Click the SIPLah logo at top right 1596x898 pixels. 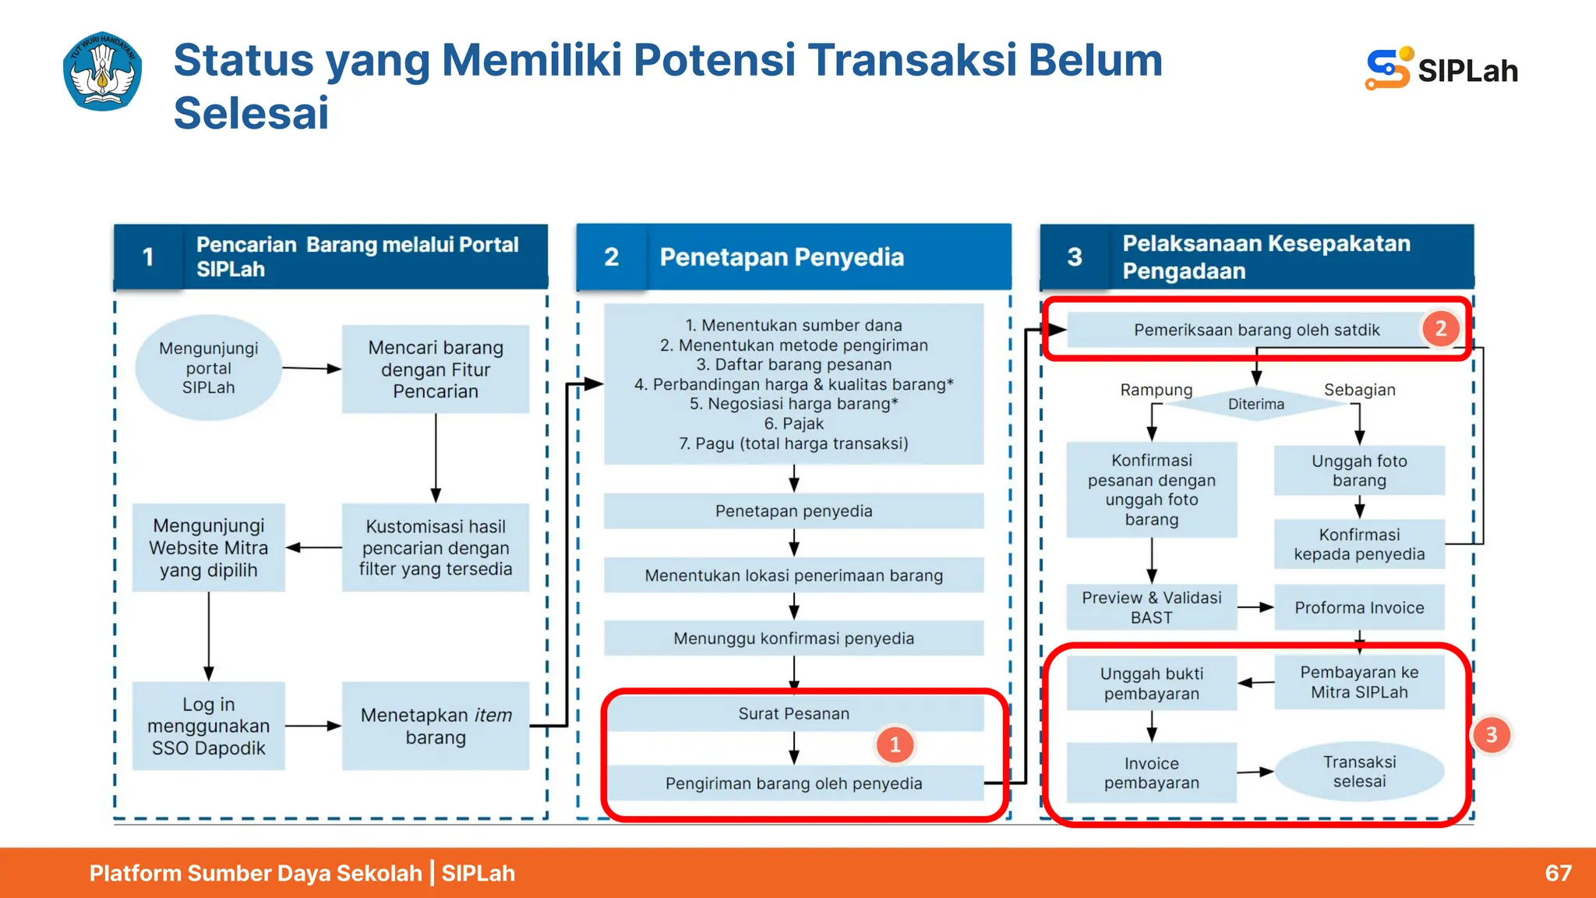click(1441, 70)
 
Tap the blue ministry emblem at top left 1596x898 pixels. click(102, 71)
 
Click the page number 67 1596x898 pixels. click(1558, 872)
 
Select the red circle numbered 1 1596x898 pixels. click(895, 744)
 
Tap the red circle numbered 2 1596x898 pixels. click(1440, 328)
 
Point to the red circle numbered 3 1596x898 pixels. click(1491, 734)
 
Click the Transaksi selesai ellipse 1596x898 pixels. click(1359, 771)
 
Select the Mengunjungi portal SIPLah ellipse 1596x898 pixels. click(208, 368)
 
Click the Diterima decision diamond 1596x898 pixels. click(1255, 404)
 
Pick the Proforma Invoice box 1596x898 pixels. click(1359, 607)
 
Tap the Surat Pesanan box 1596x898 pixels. click(793, 713)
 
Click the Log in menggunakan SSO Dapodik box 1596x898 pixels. click(208, 726)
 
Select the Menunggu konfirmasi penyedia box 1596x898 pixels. click(793, 638)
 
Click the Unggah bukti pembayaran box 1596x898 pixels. click(1151, 683)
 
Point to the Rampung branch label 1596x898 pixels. click(1156, 390)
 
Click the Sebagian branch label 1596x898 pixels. click(1359, 390)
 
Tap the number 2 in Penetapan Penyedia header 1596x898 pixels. click(611, 256)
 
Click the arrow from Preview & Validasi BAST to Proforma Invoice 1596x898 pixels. click(1255, 606)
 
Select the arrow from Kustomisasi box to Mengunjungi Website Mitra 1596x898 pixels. click(313, 547)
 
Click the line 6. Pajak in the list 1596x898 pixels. click(793, 423)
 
